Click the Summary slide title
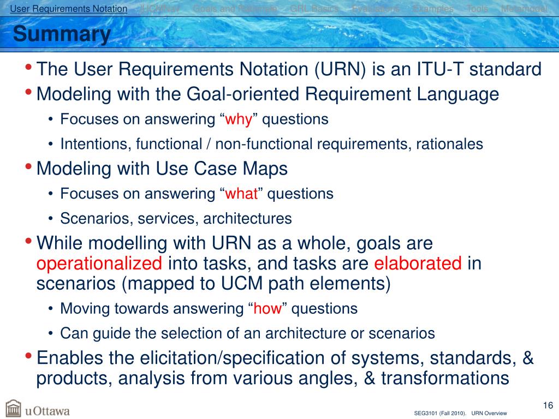tap(62, 35)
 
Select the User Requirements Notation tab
tap(69, 9)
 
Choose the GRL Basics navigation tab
tap(314, 9)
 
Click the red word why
tap(238, 119)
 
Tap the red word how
tap(267, 309)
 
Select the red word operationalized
tap(99, 264)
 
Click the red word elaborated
tap(418, 264)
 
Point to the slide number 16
tap(548, 405)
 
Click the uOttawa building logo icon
tap(13, 409)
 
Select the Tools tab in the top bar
tap(477, 9)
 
